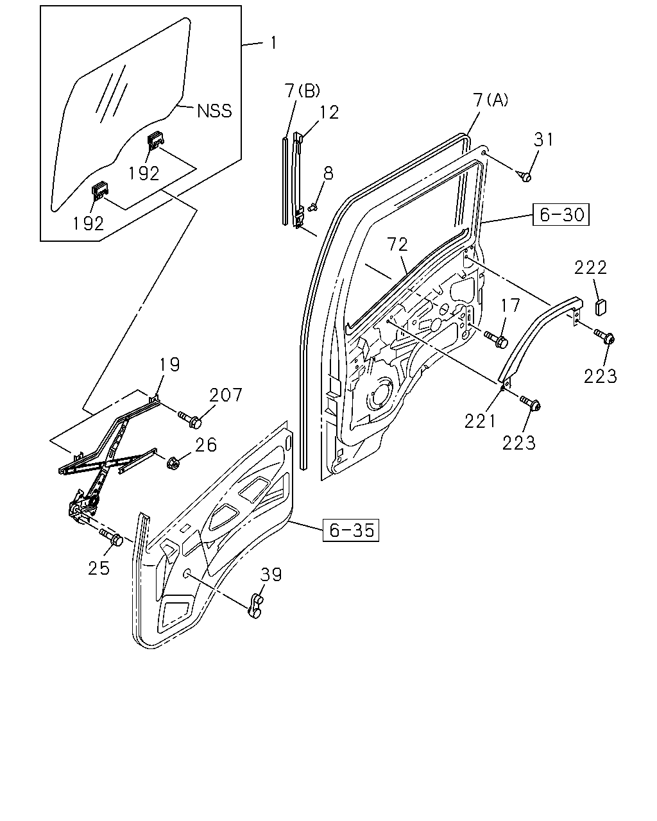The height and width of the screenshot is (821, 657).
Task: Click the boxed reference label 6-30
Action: point(560,215)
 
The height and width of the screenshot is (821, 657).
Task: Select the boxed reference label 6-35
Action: point(351,530)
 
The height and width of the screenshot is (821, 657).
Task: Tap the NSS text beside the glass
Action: point(214,110)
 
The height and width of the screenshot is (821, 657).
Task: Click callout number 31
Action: point(543,140)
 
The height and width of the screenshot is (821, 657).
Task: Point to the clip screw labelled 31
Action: point(525,176)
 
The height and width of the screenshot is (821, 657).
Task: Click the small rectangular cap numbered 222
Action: point(601,307)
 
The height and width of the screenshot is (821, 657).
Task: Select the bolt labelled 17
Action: point(497,339)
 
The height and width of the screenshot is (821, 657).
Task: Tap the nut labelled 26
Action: point(173,464)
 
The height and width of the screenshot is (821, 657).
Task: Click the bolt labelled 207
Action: point(189,419)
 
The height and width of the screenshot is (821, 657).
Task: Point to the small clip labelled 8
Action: point(312,208)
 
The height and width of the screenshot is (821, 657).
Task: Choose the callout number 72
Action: point(397,244)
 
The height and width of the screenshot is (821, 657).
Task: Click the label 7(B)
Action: point(302,91)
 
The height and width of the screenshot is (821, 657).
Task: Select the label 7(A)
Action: point(491,100)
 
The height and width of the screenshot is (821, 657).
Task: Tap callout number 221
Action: point(480,421)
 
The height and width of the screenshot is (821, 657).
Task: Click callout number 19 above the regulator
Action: point(169,364)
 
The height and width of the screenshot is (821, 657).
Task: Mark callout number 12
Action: point(329,112)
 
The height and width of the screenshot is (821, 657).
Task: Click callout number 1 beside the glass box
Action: point(273,43)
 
